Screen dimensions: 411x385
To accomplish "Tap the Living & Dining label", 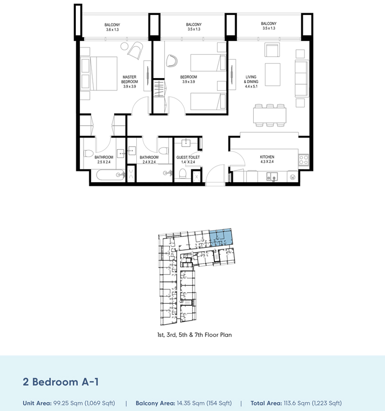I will (x=251, y=81).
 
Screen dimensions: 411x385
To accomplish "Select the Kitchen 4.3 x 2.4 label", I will (x=267, y=159).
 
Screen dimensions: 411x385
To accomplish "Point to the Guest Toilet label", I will (x=188, y=159).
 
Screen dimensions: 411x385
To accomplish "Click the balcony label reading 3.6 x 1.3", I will (x=112, y=26).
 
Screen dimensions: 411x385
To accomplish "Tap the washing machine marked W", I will (x=293, y=177).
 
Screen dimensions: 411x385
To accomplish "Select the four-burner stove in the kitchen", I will (x=304, y=160).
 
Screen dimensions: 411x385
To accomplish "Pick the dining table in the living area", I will (x=270, y=115).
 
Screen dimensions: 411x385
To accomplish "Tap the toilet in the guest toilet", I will (x=183, y=174).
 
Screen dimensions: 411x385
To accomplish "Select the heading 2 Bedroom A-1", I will (x=61, y=382).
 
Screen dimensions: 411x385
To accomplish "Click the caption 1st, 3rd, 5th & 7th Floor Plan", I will (x=194, y=335).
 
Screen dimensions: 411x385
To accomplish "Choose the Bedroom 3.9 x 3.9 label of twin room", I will (x=188, y=79).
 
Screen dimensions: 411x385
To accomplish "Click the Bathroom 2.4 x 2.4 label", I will (x=149, y=159).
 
